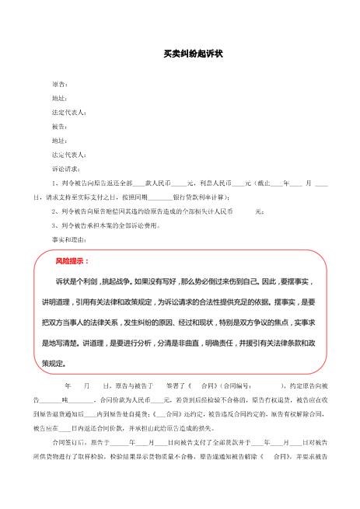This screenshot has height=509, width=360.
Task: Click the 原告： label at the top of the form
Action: pos(59,83)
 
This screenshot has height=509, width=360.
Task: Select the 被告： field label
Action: pos(59,126)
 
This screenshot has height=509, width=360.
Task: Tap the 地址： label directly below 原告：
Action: pos(59,98)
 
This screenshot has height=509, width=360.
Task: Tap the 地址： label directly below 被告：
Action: pos(59,141)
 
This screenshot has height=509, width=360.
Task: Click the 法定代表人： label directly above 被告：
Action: pos(68,112)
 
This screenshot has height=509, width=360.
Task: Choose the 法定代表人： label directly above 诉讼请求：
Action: pos(68,155)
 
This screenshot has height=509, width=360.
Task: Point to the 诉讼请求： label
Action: pos(65,169)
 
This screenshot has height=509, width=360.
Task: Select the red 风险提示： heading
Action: pos(72,261)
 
